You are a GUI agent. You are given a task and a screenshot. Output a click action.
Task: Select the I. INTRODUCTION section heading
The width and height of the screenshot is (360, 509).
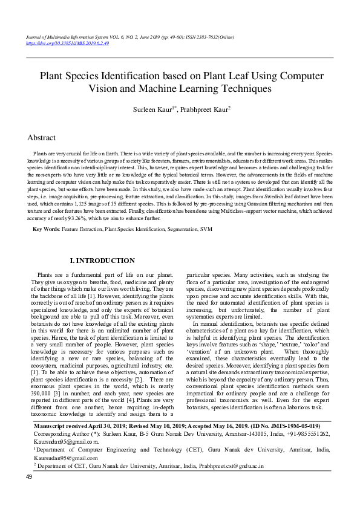point(102,261)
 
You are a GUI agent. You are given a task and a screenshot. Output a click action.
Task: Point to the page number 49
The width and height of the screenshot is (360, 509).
point(28,494)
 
